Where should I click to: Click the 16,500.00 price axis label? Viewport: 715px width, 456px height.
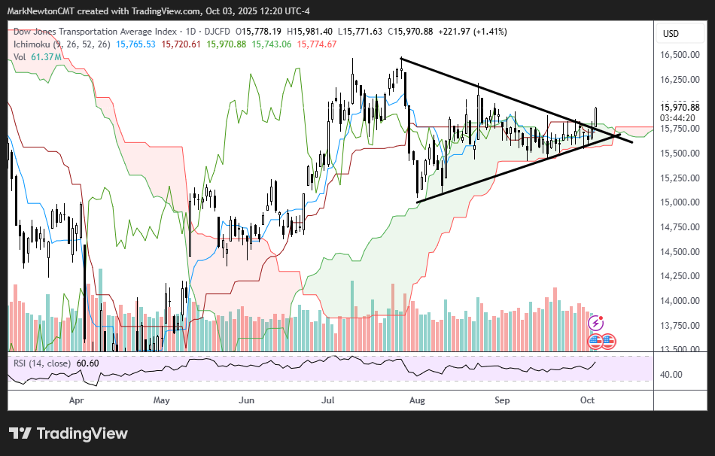680,55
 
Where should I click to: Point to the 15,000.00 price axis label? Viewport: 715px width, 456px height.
680,202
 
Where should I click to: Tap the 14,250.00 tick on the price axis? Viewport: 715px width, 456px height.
680,276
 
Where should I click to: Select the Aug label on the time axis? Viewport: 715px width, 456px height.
416,400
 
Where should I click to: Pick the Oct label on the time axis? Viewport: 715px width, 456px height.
587,400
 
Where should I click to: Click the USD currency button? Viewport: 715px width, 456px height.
671,34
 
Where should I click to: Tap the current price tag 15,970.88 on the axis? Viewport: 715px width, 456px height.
680,107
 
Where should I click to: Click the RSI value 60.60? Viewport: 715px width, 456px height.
87,363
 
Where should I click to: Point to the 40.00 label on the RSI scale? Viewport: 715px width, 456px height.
673,375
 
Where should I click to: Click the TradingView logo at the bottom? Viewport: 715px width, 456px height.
68,434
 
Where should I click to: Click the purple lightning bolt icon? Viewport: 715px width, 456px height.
595,323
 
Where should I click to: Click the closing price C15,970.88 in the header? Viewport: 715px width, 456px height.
412,32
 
